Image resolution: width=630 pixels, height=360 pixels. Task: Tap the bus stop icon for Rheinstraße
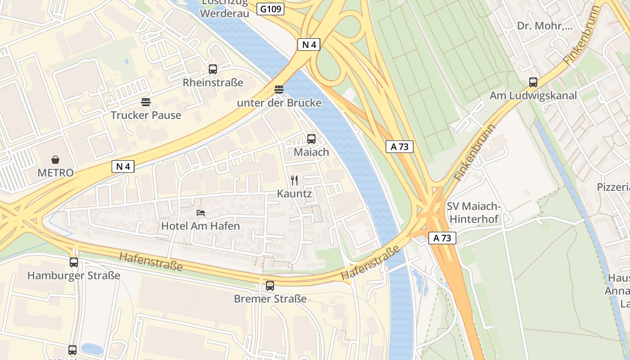pos(213,69)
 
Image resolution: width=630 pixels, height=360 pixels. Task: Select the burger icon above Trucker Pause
pos(145,102)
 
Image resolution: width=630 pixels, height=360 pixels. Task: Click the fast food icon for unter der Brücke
pos(279,90)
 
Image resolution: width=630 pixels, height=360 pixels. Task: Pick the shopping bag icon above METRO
pos(55,160)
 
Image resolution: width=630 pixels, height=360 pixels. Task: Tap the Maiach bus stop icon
pos(311,139)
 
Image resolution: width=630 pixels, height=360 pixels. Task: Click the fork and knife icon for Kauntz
pos(294,180)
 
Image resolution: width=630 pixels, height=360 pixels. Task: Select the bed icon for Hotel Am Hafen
pos(201,212)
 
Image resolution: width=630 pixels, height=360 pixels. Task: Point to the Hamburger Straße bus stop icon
pos(74,262)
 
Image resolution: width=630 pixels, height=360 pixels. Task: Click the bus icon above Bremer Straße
pos(270,285)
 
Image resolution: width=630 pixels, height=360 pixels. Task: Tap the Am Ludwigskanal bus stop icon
pos(533,82)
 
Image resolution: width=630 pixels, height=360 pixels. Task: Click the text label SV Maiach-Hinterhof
pos(473,212)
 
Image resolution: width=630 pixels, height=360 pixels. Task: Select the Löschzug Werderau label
pos(224,8)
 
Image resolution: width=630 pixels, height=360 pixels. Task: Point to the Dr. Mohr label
pos(544,26)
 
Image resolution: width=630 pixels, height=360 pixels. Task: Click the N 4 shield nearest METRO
pos(123,166)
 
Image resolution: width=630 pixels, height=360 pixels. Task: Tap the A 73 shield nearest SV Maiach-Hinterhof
pos(442,238)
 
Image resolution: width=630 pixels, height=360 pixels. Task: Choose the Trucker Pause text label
pos(146,115)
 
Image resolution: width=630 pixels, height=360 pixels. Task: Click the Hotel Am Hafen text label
pos(200,226)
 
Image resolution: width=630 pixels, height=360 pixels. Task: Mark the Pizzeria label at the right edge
pos(613,187)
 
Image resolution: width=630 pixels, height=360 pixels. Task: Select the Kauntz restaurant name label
pos(294,194)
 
